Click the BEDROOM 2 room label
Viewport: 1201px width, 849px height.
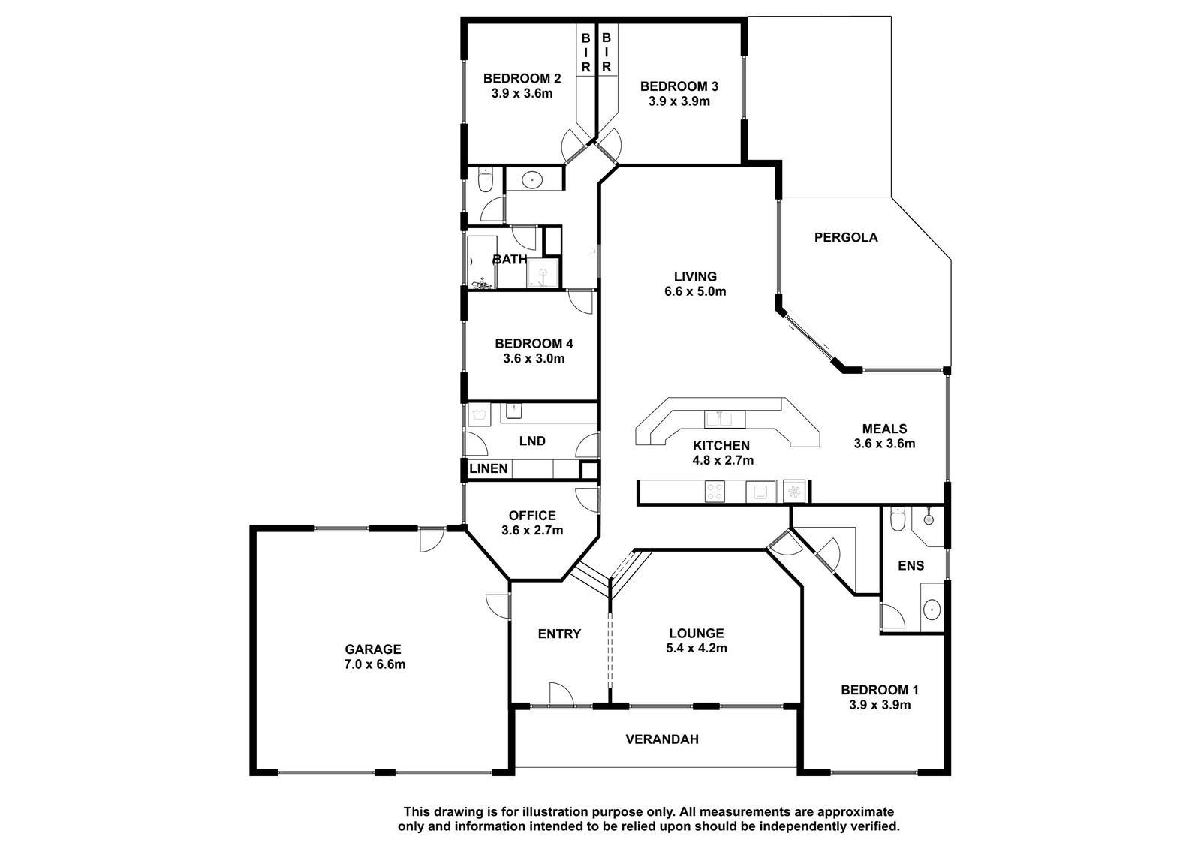522,78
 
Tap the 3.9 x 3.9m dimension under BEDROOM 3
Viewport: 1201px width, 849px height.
679,101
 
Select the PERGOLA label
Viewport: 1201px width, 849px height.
845,237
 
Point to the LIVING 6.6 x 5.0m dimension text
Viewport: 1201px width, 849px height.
695,291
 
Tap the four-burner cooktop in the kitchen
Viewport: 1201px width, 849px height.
714,491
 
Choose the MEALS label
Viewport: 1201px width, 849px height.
884,429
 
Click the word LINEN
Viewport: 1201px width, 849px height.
488,468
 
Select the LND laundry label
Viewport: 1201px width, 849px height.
532,441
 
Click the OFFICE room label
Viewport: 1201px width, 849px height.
532,516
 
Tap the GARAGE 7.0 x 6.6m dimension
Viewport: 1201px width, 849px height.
375,664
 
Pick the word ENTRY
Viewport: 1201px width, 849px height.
559,634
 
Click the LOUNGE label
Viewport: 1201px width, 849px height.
696,633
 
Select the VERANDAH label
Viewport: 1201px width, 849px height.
661,739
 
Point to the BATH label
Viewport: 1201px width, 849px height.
510,260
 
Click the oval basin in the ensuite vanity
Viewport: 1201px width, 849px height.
932,610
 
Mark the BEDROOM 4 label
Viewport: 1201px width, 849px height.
534,343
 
